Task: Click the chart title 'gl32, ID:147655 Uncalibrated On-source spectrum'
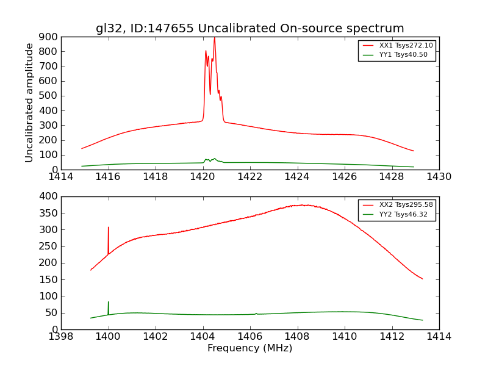pyautogui.click(x=249, y=29)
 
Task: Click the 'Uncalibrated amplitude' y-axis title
pyautogui.click(x=29, y=102)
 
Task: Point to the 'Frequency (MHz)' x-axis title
pyautogui.click(x=249, y=348)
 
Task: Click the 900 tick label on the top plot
pyautogui.click(x=49, y=37)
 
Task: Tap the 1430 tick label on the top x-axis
pyautogui.click(x=439, y=177)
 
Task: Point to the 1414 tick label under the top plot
pyautogui.click(x=62, y=177)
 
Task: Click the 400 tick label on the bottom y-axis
pyautogui.click(x=49, y=196)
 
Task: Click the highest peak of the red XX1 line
pyautogui.click(x=214, y=38)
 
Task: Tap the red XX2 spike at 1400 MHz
pyautogui.click(x=109, y=228)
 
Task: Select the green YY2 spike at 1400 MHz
pyautogui.click(x=109, y=303)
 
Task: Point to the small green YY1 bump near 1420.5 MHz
pyautogui.click(x=214, y=159)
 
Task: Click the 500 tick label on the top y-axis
pyautogui.click(x=49, y=96)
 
